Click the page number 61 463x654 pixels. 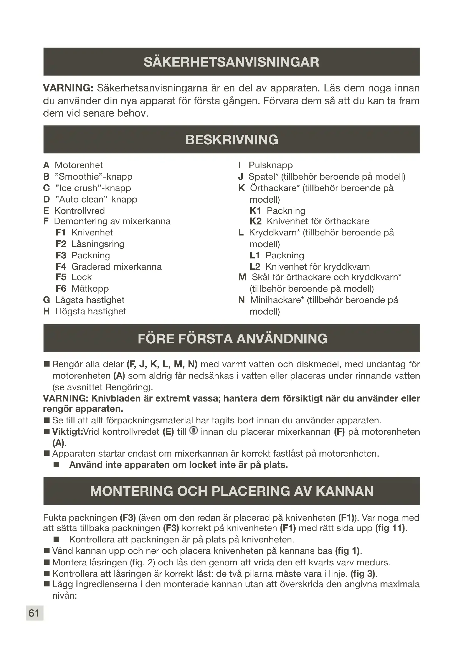tap(34, 613)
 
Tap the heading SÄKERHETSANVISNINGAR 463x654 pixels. tap(231, 62)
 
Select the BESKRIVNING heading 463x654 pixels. tap(231, 140)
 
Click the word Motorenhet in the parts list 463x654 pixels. tap(78, 165)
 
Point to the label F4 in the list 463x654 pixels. tap(61, 267)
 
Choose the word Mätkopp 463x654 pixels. tap(90, 289)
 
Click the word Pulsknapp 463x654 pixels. tap(270, 165)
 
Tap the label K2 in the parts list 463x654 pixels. tap(255, 221)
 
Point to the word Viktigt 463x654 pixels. tap(67, 432)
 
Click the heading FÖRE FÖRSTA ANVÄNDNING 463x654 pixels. tap(232, 339)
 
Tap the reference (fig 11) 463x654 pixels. tap(390, 528)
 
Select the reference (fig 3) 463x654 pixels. tap(364, 573)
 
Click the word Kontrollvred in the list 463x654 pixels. tap(79, 211)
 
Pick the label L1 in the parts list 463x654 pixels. tap(254, 255)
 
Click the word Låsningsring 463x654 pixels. tap(98, 244)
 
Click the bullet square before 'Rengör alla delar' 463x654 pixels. tap(47, 364)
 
